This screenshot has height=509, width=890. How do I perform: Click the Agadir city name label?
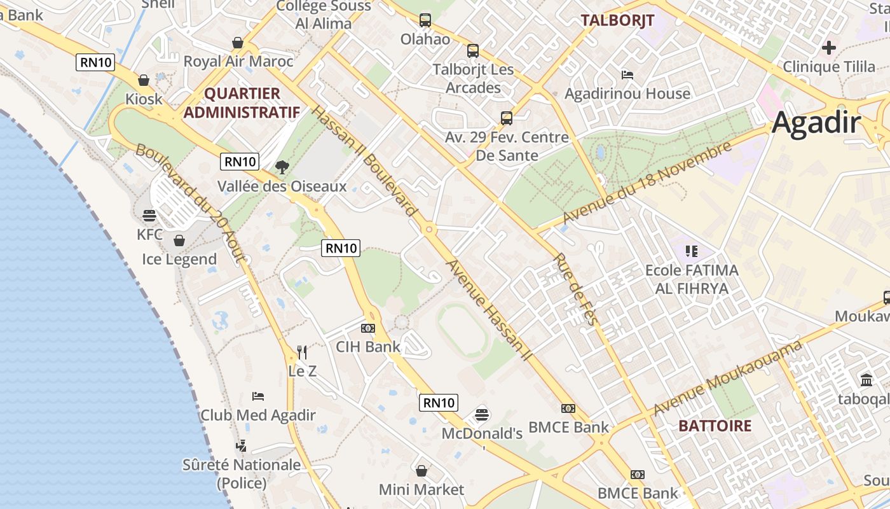(816, 123)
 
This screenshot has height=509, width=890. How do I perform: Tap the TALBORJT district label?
(617, 20)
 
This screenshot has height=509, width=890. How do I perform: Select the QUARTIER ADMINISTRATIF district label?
(242, 103)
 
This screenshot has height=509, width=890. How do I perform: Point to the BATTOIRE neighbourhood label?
(715, 426)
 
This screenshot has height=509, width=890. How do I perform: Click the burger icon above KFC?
(149, 216)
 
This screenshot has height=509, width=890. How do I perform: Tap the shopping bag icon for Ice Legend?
(179, 241)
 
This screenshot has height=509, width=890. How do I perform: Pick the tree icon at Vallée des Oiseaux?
(282, 167)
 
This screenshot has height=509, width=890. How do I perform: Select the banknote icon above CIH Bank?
(368, 328)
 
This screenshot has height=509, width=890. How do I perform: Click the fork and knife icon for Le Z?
(302, 352)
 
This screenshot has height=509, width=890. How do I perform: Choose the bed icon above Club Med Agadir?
(258, 396)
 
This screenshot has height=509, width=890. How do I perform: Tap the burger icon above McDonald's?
(482, 415)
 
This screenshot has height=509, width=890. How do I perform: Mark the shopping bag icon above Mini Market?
(421, 471)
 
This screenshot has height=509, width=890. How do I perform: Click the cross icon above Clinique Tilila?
(828, 47)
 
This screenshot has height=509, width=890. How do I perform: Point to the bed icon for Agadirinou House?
(627, 74)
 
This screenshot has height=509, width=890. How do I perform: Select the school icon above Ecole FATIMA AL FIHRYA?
(692, 251)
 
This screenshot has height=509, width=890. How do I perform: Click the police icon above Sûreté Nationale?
(242, 446)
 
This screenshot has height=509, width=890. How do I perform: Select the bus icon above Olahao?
(425, 20)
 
